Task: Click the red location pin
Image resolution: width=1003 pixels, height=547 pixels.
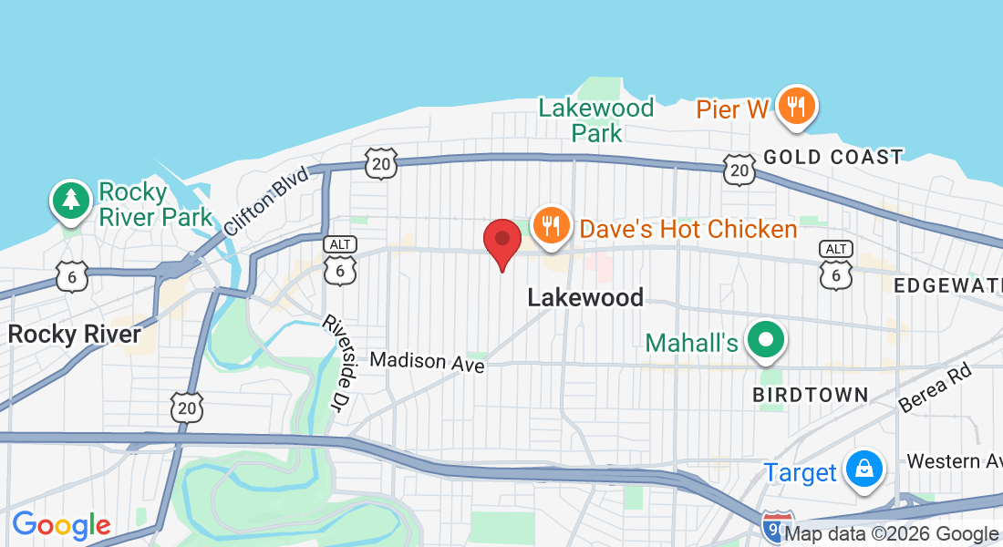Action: [501, 241]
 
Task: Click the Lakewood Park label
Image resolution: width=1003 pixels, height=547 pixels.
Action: [596, 120]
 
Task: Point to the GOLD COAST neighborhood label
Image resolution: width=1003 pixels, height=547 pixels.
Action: [832, 157]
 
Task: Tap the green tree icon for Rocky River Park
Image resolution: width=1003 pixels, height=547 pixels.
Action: [71, 200]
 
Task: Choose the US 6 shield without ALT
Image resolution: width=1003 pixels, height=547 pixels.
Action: [71, 276]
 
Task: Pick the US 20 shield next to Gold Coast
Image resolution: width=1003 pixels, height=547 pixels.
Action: [739, 168]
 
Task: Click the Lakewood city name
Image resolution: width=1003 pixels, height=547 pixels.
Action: [585, 296]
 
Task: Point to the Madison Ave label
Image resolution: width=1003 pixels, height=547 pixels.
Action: [428, 361]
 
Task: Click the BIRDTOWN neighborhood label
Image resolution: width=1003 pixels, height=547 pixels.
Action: [810, 395]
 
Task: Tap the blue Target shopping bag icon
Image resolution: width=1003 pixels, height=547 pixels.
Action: [862, 469]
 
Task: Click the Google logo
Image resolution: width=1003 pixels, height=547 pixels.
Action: [61, 525]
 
